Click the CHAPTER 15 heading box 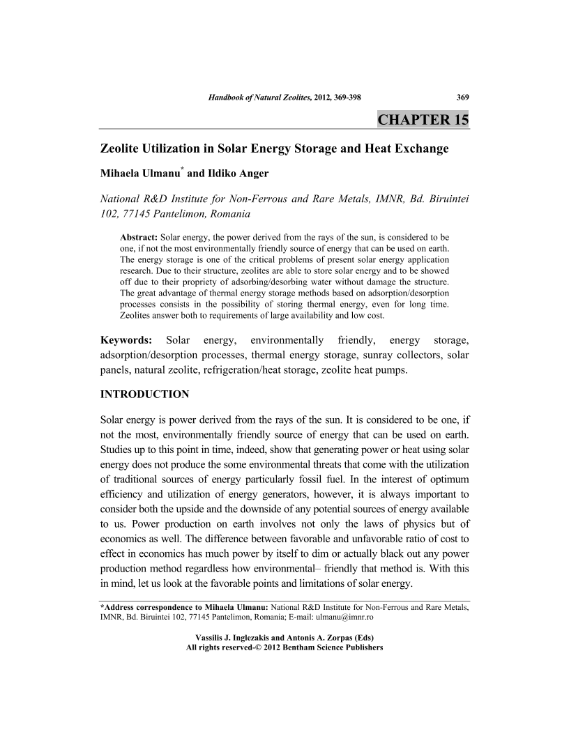click(x=423, y=119)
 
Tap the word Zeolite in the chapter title click(x=122, y=148)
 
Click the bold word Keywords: click(x=126, y=340)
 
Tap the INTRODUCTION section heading click(x=145, y=394)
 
